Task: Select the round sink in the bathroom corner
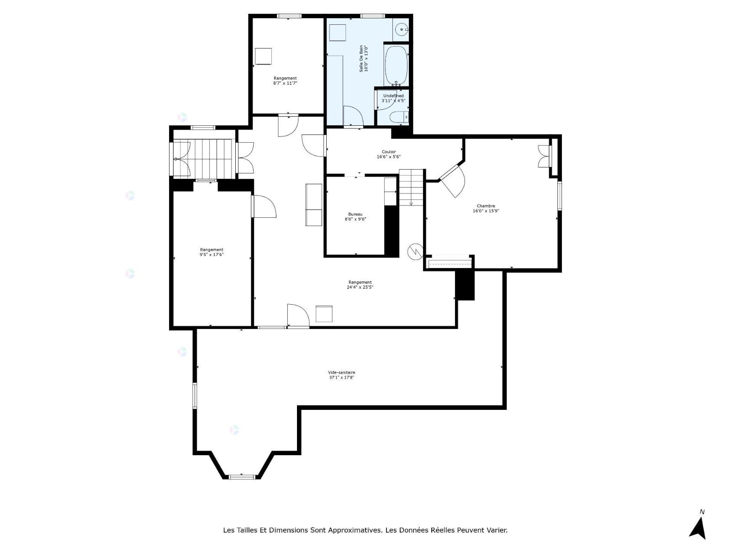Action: pos(403,29)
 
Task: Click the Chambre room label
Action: pos(486,206)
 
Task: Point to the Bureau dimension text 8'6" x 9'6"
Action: pos(355,219)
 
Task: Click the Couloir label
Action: pos(389,152)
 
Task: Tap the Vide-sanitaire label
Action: pos(341,372)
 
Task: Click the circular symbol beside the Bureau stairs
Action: pos(416,251)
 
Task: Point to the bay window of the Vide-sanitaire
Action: pos(242,477)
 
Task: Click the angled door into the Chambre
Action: pos(452,181)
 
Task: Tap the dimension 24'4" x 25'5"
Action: pos(360,287)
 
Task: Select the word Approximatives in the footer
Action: pos(355,530)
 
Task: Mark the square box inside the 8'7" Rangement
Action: pos(263,56)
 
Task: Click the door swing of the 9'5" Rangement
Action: pos(265,207)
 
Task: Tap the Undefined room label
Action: pos(393,96)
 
